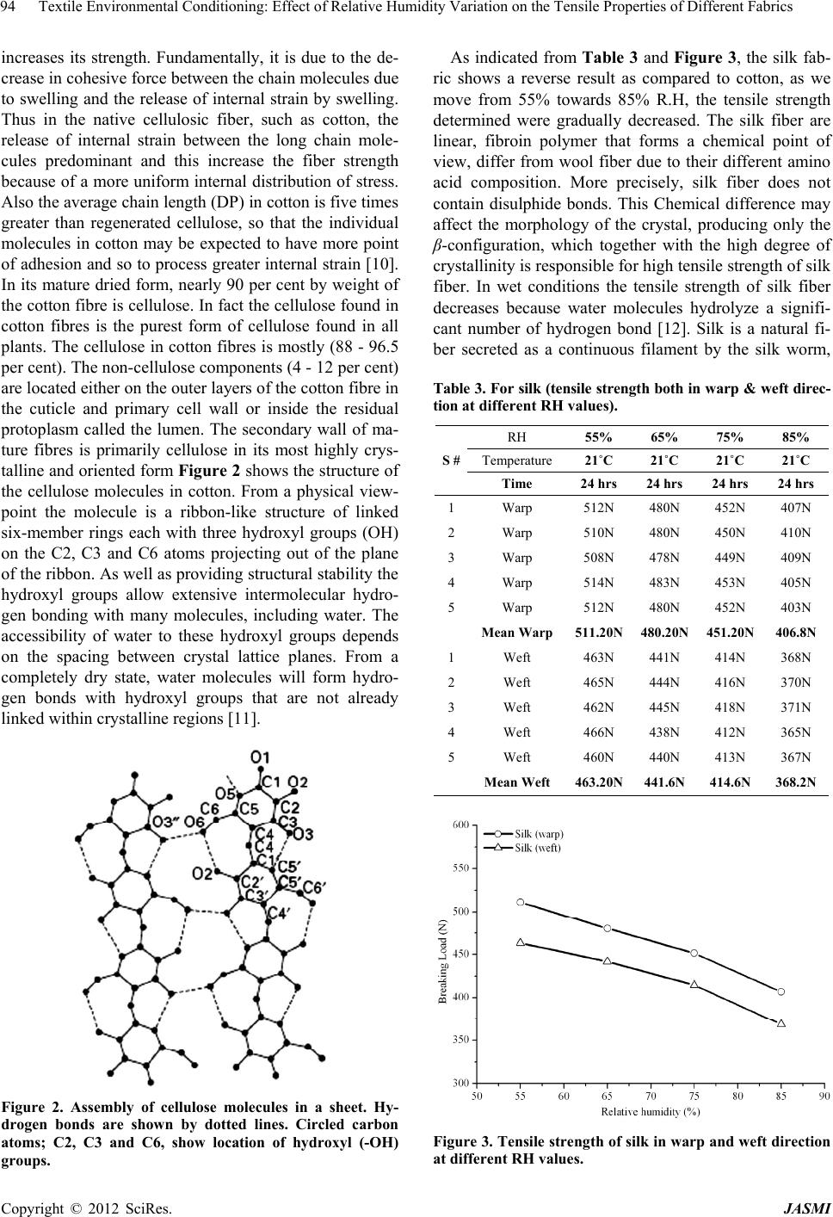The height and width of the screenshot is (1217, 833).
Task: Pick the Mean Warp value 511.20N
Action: (601, 633)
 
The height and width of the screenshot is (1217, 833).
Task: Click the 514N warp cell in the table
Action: (601, 583)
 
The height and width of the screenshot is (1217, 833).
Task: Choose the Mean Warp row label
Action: (517, 633)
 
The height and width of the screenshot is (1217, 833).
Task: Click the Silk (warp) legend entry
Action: (539, 833)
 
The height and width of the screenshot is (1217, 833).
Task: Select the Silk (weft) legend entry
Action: (538, 848)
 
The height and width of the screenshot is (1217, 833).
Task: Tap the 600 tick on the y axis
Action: (462, 825)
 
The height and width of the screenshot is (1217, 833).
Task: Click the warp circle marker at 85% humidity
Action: (781, 992)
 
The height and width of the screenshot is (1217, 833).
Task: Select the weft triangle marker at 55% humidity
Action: (521, 942)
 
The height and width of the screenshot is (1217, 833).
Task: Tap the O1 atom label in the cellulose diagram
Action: (259, 757)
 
